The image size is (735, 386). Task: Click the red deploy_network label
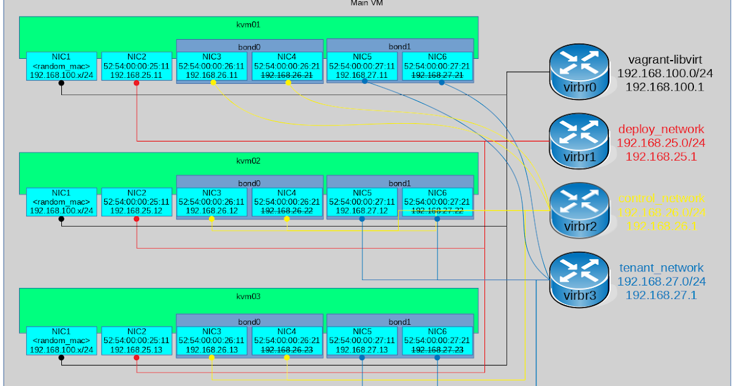[661, 129]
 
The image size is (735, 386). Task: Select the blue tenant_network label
[661, 268]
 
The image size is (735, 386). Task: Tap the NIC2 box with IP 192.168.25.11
[136, 66]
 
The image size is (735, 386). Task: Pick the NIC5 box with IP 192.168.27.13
[363, 341]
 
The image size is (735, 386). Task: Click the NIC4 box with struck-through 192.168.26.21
[287, 66]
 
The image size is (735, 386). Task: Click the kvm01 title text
[248, 25]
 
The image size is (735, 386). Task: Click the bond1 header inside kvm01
[400, 46]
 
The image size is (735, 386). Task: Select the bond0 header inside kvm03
[249, 320]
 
